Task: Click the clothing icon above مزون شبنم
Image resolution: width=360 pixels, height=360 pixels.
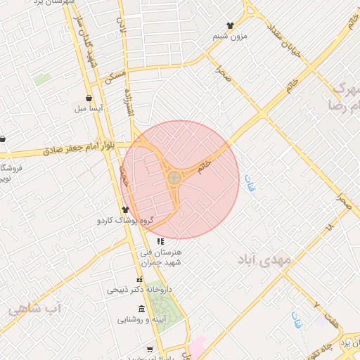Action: point(230,25)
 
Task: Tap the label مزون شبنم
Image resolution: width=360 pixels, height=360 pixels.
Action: point(231,37)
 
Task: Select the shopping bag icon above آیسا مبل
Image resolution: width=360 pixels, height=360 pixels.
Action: point(88,98)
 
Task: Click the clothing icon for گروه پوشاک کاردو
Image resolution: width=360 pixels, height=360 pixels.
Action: point(125,209)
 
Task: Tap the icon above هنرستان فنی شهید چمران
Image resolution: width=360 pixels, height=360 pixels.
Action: point(160,241)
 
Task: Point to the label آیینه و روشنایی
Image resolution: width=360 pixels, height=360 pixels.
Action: point(141,320)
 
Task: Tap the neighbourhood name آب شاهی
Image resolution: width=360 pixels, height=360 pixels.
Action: point(35,308)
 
